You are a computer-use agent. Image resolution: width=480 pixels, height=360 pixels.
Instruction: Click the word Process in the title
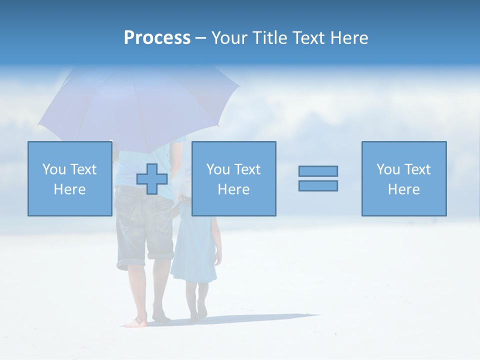pos(157,38)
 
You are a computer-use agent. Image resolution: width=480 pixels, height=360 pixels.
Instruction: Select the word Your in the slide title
pos(231,38)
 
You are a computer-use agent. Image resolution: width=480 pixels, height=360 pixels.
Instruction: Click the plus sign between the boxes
pos(152,179)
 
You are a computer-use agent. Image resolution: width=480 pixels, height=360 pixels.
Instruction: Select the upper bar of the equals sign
pos(318,171)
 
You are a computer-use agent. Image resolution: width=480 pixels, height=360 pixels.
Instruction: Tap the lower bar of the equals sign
pos(318,185)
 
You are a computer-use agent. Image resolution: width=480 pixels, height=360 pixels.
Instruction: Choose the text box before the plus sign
pos(70,179)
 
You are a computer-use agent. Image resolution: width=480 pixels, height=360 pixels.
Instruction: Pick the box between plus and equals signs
pos(233,179)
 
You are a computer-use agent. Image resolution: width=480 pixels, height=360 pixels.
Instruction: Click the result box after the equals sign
pos(403,179)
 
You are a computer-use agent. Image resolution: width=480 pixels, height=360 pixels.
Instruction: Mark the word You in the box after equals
pos(387,169)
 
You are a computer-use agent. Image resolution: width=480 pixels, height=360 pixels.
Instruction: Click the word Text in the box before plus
pos(83,169)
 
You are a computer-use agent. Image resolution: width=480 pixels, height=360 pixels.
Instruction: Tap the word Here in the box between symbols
pos(233,189)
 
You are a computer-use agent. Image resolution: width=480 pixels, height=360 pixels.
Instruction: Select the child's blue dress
pos(195,250)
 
